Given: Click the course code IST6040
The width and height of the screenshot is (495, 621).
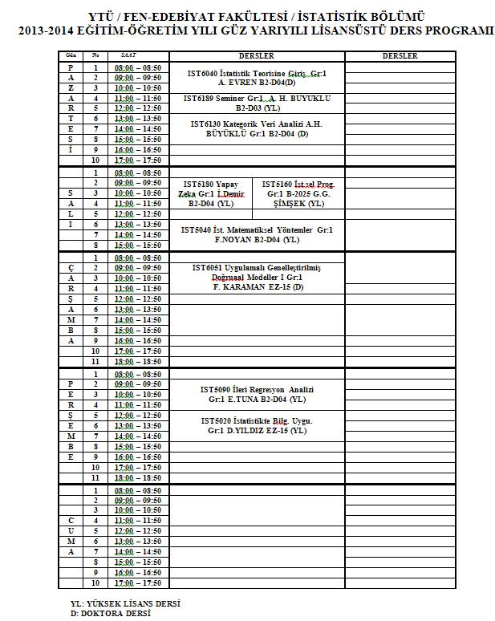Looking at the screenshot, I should coord(203,73).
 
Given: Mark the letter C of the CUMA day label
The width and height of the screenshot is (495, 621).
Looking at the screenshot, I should coord(71,520).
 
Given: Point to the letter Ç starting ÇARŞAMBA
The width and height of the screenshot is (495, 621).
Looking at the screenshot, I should coord(71,267).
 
